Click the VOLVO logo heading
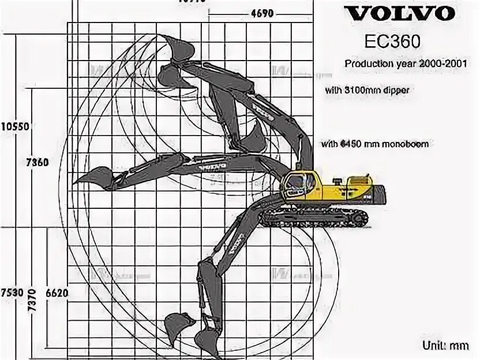(x=396, y=13)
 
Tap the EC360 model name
(x=392, y=42)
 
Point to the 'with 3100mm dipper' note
(x=367, y=91)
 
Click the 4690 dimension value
(x=262, y=14)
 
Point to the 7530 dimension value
(x=12, y=293)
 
